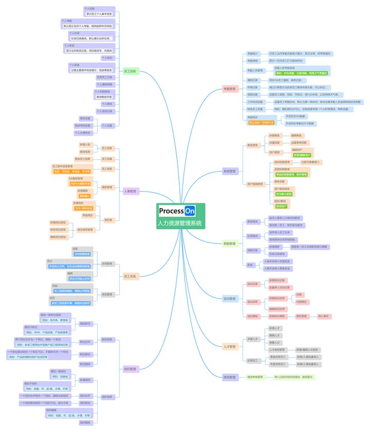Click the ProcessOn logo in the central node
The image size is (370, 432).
click(x=177, y=211)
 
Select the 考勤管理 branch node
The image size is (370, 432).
click(x=229, y=89)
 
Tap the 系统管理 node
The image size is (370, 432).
click(x=229, y=171)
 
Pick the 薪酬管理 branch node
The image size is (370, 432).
click(x=229, y=243)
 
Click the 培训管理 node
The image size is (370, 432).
click(x=229, y=298)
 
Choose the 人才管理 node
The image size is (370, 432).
click(x=229, y=347)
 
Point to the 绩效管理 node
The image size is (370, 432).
click(x=229, y=377)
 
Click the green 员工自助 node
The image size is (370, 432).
click(x=130, y=71)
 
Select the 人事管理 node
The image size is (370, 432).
click(x=131, y=191)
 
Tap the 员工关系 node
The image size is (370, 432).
click(x=131, y=276)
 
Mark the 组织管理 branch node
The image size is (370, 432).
click(x=131, y=369)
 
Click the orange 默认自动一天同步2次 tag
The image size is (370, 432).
click(x=262, y=123)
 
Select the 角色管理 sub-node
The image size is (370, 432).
click(x=252, y=145)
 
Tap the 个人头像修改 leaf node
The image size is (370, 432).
click(x=83, y=133)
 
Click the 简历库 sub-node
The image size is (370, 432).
click(x=108, y=220)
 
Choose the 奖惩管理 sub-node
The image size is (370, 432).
click(x=106, y=294)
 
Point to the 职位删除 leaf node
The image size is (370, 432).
click(x=85, y=364)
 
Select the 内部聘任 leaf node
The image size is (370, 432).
click(x=301, y=302)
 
